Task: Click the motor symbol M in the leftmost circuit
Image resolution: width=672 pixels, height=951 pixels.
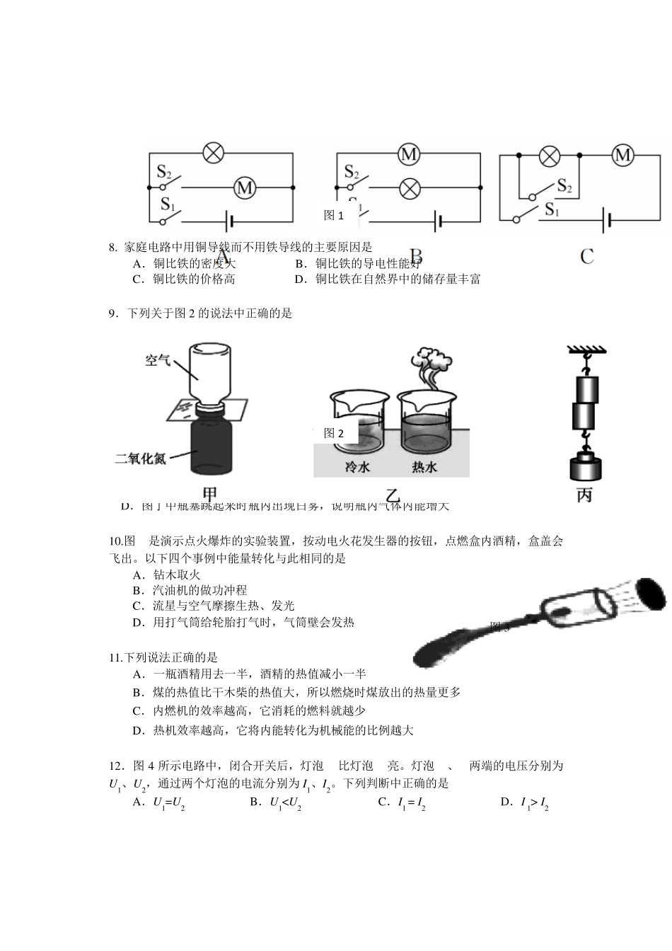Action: (244, 188)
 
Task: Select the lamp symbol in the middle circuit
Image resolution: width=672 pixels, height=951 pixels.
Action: (409, 188)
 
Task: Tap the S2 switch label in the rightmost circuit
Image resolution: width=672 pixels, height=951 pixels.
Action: (564, 185)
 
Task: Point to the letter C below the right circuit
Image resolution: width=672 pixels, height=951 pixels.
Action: (587, 256)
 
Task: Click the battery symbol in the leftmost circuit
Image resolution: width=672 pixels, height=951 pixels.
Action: (228, 221)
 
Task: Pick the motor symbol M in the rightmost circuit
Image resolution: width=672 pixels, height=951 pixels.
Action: (622, 155)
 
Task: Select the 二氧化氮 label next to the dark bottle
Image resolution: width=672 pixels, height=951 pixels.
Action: (141, 458)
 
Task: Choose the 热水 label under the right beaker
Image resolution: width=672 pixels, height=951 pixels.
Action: (424, 467)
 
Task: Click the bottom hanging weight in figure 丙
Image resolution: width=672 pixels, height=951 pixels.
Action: (584, 468)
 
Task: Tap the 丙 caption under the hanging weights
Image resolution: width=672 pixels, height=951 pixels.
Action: (584, 495)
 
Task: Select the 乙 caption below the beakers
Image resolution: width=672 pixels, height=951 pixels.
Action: (391, 495)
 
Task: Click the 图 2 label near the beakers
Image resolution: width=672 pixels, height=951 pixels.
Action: (333, 433)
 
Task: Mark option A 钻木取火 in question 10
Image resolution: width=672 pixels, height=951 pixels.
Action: (167, 575)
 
